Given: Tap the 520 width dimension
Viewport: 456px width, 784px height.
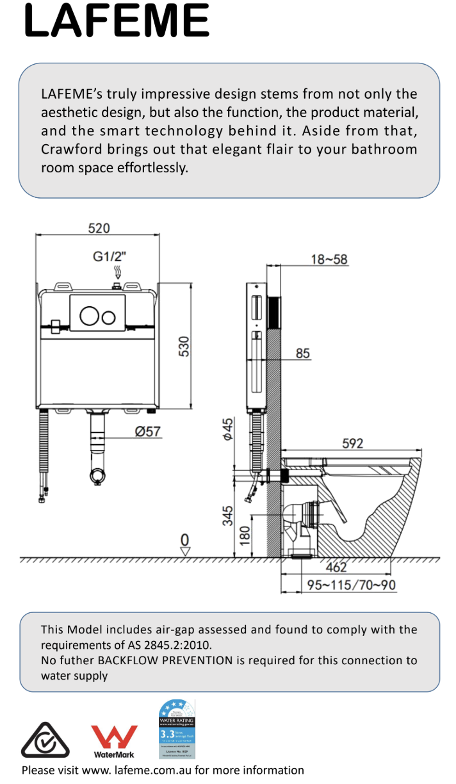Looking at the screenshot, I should point(99,228).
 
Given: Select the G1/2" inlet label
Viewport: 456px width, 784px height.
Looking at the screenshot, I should point(110,256).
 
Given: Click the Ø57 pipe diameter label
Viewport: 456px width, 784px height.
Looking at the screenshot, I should point(147,432).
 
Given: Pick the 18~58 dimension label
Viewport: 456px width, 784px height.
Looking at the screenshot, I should point(329,259).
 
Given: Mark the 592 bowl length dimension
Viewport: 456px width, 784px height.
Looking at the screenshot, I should point(352,443).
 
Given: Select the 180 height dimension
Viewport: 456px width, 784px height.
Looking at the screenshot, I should point(245,535).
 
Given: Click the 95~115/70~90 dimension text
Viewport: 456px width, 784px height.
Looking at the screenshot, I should point(351,585).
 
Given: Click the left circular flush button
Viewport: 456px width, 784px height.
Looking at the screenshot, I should point(88,316).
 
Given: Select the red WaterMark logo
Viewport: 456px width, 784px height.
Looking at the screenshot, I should point(114,741).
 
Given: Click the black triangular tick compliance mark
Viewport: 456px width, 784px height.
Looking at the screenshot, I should point(45,740).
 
